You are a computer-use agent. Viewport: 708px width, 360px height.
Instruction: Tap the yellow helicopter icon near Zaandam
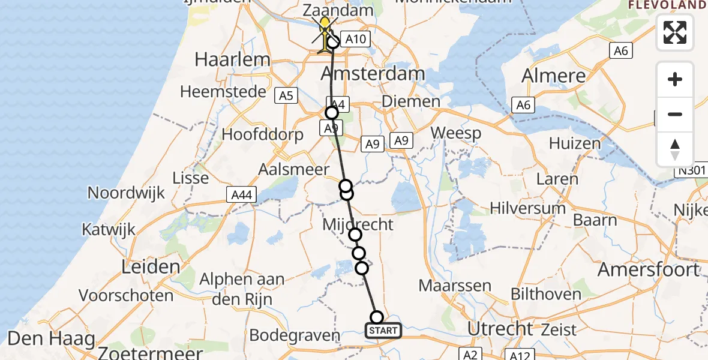(325, 33)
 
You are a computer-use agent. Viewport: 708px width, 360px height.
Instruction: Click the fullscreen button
(675, 32)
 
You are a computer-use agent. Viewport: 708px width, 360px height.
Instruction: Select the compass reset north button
(675, 149)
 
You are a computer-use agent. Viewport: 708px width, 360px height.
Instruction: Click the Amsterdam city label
(373, 74)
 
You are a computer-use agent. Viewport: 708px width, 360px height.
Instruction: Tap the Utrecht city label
(500, 329)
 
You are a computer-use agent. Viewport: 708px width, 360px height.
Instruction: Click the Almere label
(553, 76)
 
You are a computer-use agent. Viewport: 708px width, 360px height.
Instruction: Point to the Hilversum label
(527, 208)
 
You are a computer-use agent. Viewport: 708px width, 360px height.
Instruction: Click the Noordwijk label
(126, 193)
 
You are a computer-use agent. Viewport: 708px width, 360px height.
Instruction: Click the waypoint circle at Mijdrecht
(355, 235)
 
